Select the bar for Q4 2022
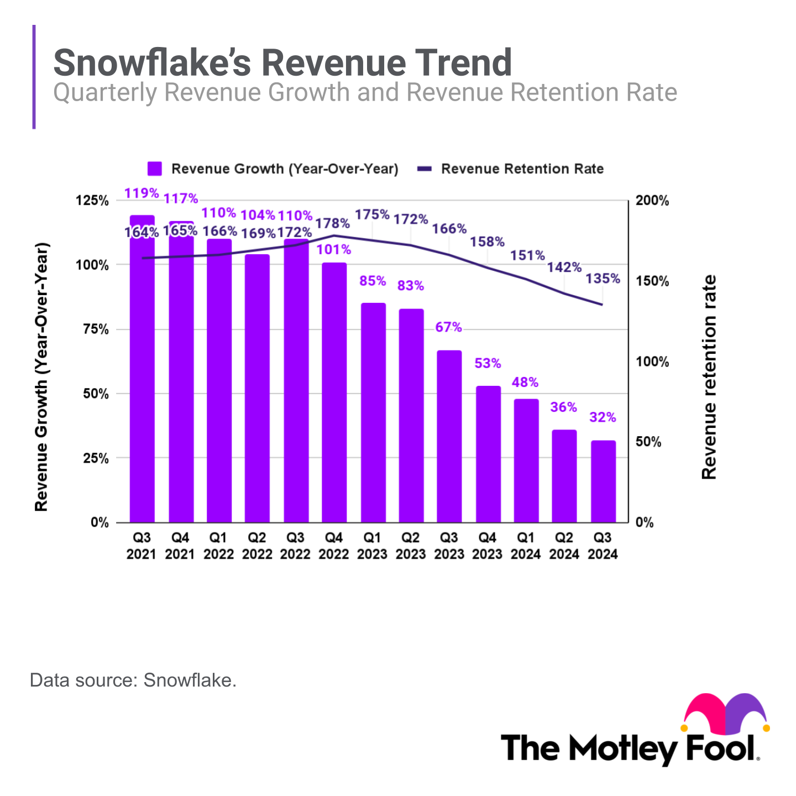pos(334,392)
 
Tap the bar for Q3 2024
pos(603,481)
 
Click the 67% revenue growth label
pos(448,327)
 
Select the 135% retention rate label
pos(603,279)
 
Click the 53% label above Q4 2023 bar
pos(488,363)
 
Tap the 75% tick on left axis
pos(95,329)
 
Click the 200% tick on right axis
pos(652,201)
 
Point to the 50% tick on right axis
pos(648,442)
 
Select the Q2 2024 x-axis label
pos(564,546)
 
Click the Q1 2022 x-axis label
pos(218,546)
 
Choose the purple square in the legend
pos(155,169)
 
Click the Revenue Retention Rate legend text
pos(522,169)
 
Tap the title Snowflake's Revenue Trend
pos(282,62)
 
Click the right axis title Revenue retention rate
pos(709,377)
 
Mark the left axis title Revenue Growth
pos(41,377)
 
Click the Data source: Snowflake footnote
pos(133,680)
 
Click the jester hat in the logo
pos(726,713)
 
